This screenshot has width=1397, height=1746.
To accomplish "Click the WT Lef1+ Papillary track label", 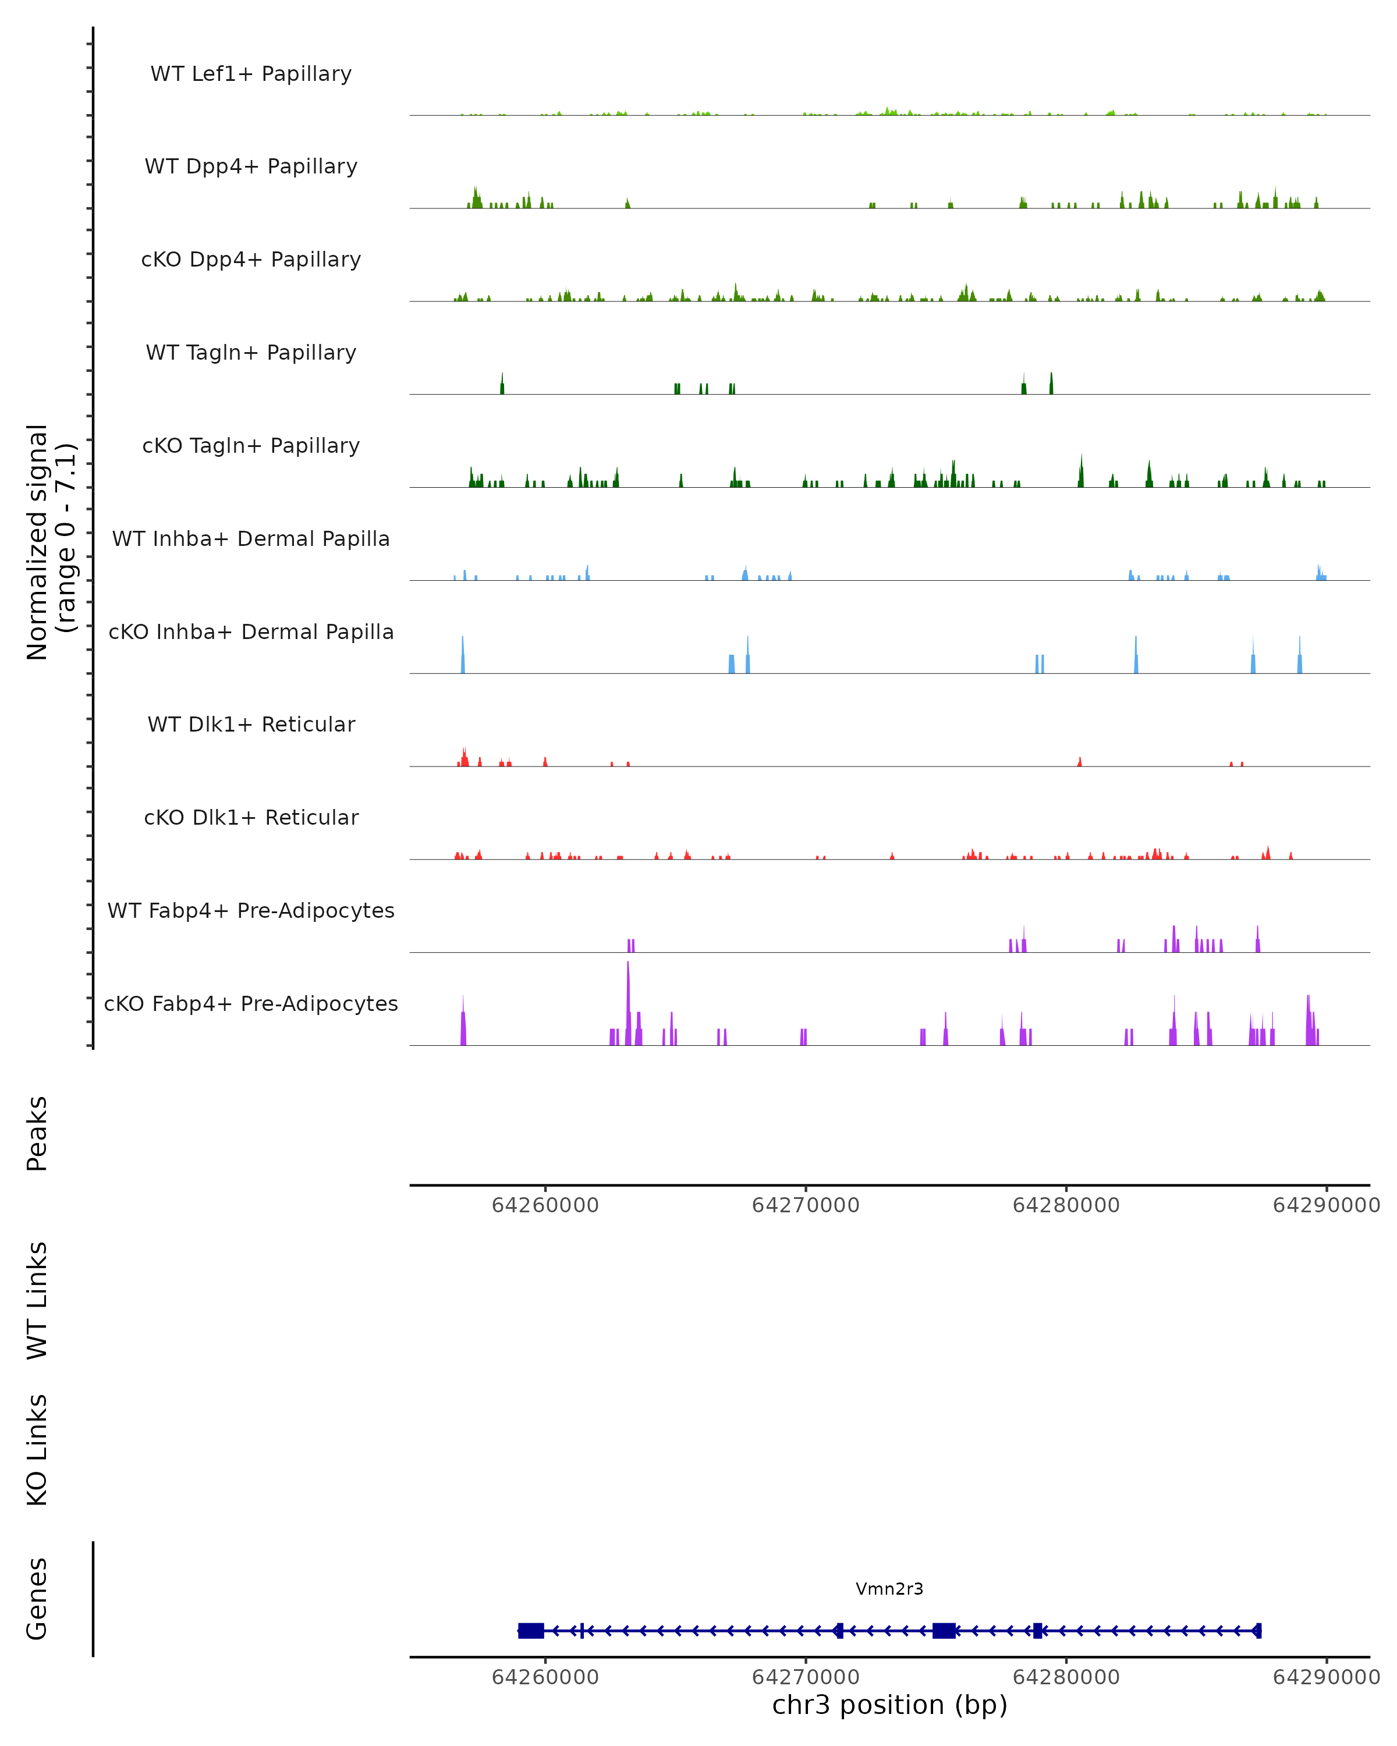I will (251, 74).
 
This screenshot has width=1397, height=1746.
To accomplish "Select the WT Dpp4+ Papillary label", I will (251, 167).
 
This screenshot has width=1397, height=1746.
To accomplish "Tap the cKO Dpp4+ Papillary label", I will (251, 260).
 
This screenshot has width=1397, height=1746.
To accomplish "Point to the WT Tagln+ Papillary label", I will (251, 353).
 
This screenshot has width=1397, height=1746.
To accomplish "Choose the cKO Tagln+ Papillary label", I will (251, 446).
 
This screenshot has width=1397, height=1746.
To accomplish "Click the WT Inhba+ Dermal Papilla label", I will (251, 540).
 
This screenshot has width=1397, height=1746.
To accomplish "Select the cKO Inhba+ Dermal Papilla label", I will (251, 633).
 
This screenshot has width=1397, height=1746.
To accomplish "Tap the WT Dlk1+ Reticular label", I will (251, 725).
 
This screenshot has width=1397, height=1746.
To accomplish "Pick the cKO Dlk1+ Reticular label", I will (251, 818).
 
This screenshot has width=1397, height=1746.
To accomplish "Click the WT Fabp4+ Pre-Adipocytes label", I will (251, 911).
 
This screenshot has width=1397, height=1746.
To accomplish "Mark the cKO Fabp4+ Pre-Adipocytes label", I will (251, 1004).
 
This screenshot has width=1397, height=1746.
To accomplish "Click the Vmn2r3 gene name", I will (889, 1589).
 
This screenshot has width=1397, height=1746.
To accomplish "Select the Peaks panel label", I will (37, 1134).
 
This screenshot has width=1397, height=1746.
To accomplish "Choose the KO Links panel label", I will (37, 1450).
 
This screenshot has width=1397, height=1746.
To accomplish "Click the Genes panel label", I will (37, 1599).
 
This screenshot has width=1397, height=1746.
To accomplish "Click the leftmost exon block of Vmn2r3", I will (530, 1630).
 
